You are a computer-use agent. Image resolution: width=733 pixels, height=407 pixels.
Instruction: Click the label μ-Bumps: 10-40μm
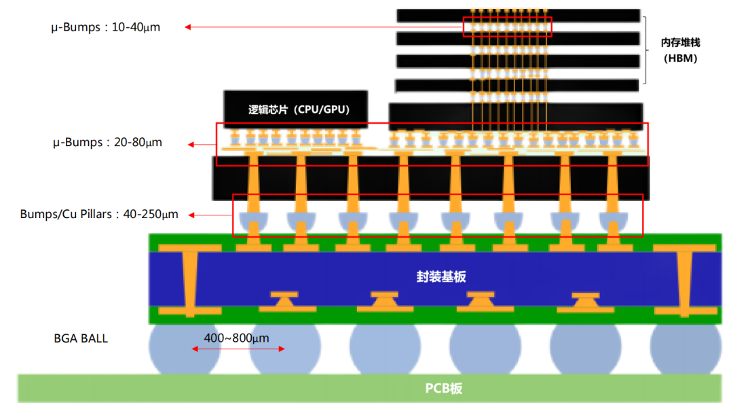pos(106,28)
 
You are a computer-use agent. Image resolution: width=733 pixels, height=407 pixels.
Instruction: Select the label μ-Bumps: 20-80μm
pos(107,143)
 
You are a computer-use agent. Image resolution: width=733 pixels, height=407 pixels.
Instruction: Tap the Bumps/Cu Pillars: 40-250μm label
pos(99,214)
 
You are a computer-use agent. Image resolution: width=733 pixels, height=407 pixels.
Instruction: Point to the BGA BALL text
pos(81,338)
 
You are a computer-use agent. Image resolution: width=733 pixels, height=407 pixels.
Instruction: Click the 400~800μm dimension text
pos(238,337)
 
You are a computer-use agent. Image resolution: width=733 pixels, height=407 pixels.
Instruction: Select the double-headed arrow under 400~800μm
pos(238,349)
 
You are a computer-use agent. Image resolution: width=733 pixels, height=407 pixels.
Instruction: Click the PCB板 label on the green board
pos(444,389)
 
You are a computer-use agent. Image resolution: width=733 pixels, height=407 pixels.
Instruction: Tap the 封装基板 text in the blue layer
pos(441,277)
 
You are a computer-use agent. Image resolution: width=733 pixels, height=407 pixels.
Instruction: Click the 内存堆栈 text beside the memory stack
pos(680,42)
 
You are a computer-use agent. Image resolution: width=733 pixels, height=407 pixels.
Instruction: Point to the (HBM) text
pos(680,58)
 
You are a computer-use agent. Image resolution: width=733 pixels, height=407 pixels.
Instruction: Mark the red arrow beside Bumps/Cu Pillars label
pos(210,215)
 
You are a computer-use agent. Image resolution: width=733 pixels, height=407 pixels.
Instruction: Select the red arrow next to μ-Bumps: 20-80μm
pos(202,144)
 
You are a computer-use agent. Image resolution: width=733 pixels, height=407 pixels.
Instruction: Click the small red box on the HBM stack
pos(508,26)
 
